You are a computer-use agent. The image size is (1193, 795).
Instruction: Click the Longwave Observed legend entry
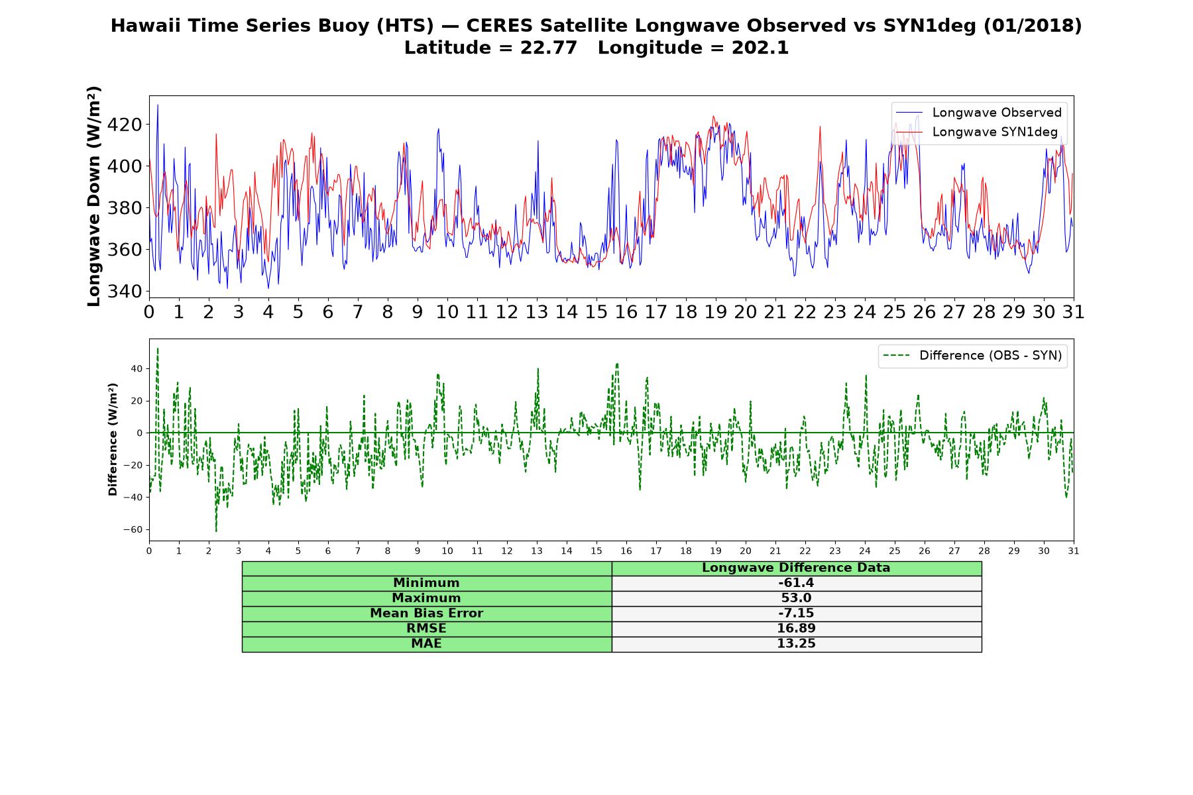(x=978, y=113)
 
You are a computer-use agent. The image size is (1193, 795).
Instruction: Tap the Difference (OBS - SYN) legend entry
(x=972, y=356)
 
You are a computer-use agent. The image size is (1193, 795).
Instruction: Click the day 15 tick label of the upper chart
(x=596, y=312)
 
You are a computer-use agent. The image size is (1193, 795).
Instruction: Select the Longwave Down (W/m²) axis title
(x=94, y=196)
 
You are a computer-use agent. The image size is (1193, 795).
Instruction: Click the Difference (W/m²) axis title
(x=113, y=439)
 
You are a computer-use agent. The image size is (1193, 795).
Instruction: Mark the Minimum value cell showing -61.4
(x=796, y=583)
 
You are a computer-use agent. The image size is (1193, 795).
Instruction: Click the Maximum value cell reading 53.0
(x=796, y=598)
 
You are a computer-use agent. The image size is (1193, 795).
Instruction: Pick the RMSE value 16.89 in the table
(x=796, y=629)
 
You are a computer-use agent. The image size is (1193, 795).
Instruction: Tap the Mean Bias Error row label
(x=427, y=613)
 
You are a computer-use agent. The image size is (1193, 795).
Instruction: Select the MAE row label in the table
(x=427, y=644)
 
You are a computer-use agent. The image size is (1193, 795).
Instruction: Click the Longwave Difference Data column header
(x=796, y=568)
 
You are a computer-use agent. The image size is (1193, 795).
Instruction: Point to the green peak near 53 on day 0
(x=157, y=349)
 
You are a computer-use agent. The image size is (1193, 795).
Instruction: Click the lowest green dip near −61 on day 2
(x=216, y=531)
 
